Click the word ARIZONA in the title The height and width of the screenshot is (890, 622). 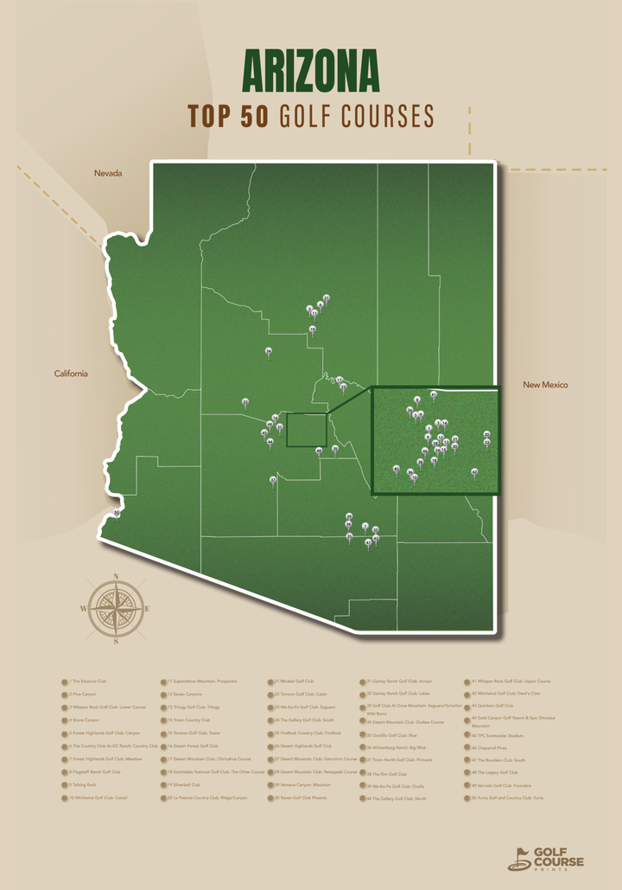point(311,71)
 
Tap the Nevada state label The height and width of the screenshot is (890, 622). point(108,174)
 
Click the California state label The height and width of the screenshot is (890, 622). point(71,374)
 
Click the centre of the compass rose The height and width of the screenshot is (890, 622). point(116,609)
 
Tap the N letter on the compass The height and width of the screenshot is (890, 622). point(116,576)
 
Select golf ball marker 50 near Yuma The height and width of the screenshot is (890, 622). point(117,513)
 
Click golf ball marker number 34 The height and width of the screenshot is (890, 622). point(269,350)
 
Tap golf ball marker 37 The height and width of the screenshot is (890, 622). point(273,479)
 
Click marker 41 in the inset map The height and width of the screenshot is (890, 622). point(434,394)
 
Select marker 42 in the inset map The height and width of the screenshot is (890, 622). point(474,471)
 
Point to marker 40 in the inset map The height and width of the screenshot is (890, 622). point(397,469)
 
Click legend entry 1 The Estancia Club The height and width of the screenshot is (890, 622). point(86,682)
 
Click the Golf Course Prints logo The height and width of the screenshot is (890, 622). point(545,859)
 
